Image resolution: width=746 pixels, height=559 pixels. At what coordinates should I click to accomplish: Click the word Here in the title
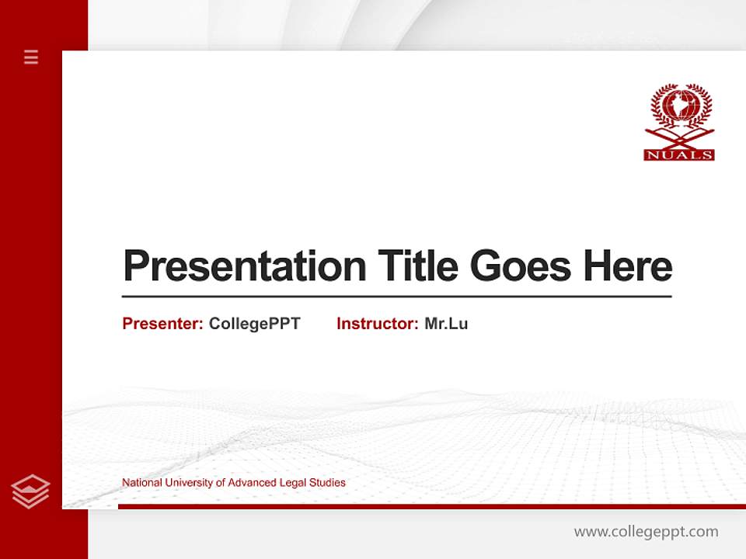[x=628, y=266]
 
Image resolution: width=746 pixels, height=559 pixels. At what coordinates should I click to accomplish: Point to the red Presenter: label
[x=162, y=324]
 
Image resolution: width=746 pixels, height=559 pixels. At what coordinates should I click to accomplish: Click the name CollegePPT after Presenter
[x=254, y=324]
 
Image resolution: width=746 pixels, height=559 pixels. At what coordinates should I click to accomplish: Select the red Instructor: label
[x=377, y=324]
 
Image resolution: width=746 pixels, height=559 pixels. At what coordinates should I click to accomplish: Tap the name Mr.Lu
[x=446, y=324]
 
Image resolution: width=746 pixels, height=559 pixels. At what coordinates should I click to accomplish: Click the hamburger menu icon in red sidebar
[x=31, y=57]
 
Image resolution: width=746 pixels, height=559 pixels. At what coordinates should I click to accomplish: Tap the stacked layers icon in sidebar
[x=30, y=491]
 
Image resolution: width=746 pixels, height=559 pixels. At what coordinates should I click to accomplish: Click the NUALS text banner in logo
[x=679, y=155]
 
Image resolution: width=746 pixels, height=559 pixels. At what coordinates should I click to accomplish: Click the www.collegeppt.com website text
[x=646, y=532]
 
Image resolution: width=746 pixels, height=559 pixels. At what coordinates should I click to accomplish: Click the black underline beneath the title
[x=396, y=296]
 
